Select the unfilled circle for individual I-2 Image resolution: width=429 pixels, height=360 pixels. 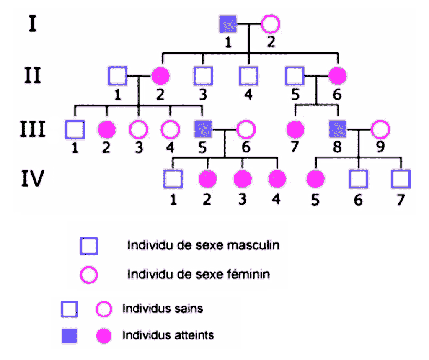pos(270,25)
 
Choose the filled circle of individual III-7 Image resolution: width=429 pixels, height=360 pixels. pos(296,129)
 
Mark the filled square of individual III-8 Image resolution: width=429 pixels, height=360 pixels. pos(338,129)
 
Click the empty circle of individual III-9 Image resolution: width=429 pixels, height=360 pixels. pos(380,129)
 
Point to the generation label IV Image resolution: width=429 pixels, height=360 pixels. pos(33,180)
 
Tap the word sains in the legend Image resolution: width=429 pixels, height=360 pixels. pos(188,309)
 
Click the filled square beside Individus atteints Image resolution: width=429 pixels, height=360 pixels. pos(70,336)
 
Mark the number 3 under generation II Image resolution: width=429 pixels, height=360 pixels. pos(203,95)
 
